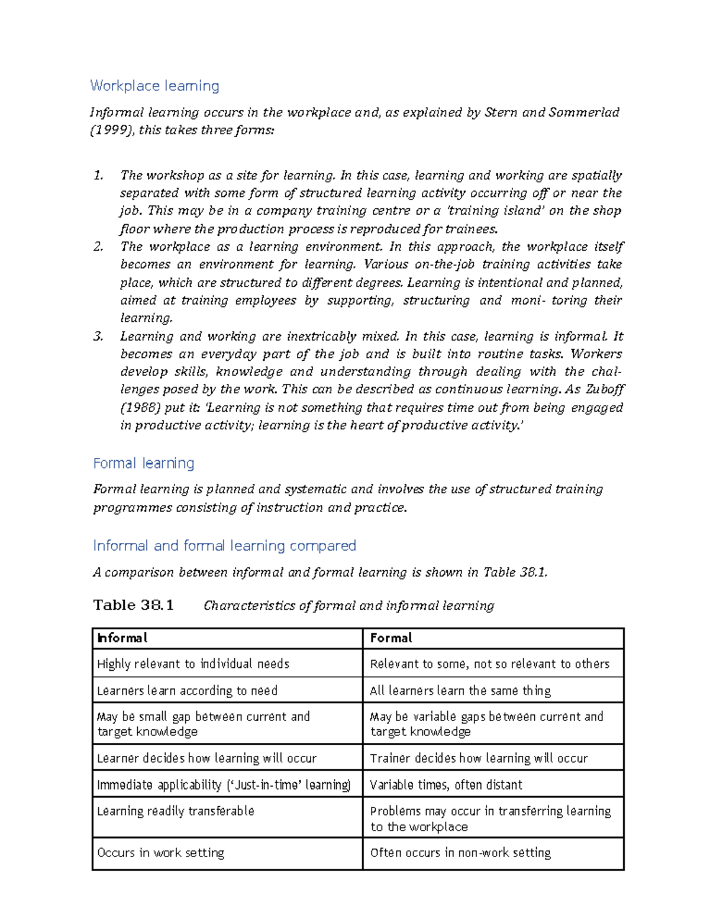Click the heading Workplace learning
154,86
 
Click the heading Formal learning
144,463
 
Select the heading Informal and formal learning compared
224,545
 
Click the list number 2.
98,247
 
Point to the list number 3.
98,337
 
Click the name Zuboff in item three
604,389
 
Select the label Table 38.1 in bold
133,605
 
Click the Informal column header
122,638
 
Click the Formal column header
390,638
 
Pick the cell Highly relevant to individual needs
193,664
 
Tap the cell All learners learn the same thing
460,690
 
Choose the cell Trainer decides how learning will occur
478,758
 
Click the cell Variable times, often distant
446,784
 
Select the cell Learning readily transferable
176,811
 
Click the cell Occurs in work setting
160,852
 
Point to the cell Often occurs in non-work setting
460,852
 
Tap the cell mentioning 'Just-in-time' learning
224,784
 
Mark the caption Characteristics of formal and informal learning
348,606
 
